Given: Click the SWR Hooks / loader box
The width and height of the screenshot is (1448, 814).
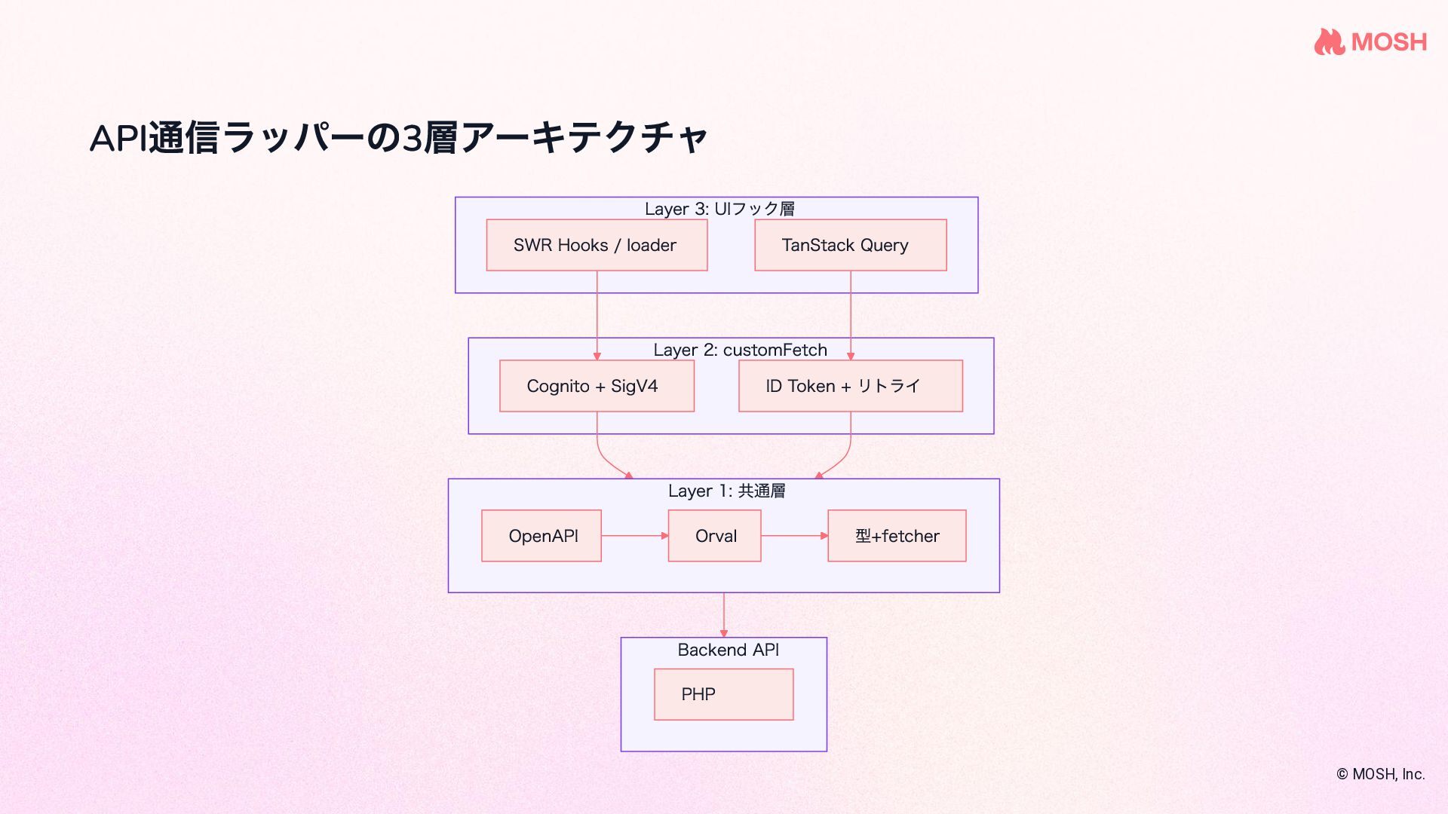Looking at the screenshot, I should point(597,245).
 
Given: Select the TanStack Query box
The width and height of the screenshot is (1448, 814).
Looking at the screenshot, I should point(850,245).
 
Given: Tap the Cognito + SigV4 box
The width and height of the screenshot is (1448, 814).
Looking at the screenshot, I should point(597,386).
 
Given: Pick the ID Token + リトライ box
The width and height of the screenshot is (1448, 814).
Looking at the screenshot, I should point(850,386).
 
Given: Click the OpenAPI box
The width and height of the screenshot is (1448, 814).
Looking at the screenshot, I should point(541,536).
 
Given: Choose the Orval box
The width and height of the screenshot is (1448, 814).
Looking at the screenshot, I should point(714,536).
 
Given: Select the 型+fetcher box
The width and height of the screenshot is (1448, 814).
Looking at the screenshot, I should point(897,536).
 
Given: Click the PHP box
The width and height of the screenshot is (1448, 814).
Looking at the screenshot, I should point(723,694).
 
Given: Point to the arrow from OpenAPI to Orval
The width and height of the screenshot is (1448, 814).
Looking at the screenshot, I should point(634,536).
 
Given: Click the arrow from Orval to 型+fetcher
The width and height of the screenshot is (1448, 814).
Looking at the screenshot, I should point(794,536).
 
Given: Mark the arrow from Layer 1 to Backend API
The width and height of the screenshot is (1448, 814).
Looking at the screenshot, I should point(724,614).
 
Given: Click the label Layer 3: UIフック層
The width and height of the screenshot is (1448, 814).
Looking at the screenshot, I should point(719,209).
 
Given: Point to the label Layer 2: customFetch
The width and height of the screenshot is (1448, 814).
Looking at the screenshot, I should point(740,350).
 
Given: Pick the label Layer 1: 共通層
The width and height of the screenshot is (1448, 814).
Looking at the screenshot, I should point(726,491).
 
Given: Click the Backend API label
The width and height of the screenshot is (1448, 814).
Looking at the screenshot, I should point(728,650).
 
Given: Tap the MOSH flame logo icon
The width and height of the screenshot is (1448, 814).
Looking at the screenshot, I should point(1329,41).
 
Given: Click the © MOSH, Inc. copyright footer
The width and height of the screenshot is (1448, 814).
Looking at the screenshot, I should point(1380,774).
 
